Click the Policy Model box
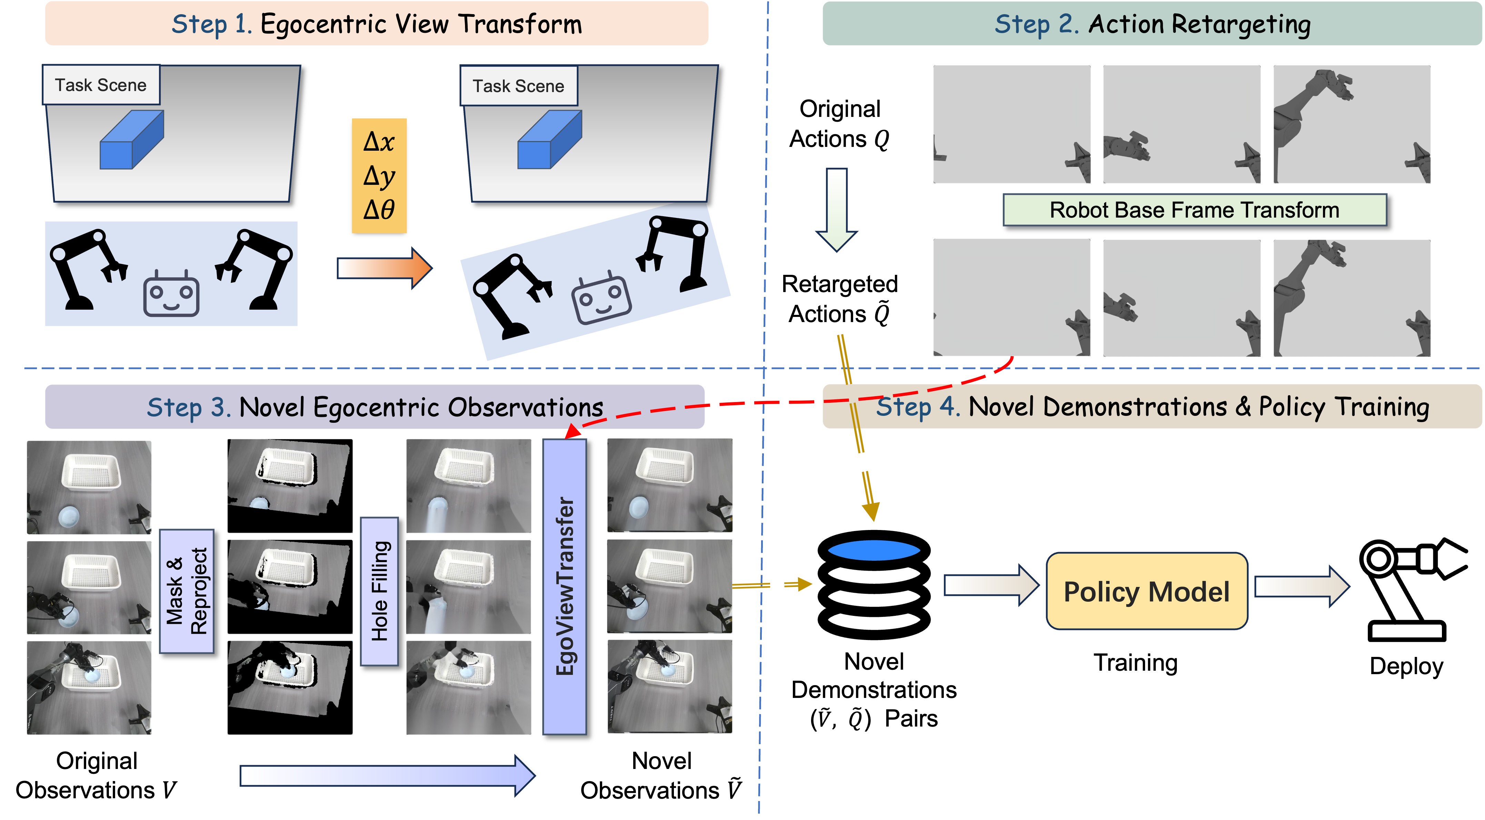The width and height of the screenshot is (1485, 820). pos(1146,591)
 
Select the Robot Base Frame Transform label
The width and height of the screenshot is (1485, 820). pos(1194,210)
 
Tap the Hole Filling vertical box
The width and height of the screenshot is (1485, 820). pos(379,591)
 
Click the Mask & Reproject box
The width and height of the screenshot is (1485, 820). pos(186,591)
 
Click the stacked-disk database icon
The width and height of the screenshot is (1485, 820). pos(874,583)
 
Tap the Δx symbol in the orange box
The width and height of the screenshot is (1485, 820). pos(379,141)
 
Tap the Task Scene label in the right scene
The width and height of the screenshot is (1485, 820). pos(518,86)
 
